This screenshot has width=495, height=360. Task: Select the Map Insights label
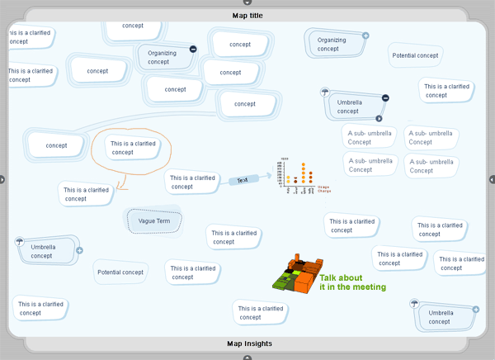[248, 343]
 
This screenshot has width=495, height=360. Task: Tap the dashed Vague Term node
[153, 221]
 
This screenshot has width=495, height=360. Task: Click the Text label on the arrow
[243, 180]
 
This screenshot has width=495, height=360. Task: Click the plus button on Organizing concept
[365, 36]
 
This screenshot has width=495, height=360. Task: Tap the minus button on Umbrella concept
[385, 98]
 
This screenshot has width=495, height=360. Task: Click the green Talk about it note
[352, 282]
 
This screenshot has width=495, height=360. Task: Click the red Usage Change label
[323, 189]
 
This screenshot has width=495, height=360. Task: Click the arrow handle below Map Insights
[247, 358]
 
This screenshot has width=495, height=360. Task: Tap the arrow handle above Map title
[247, 2]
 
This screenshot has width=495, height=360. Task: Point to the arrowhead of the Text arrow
[268, 176]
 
